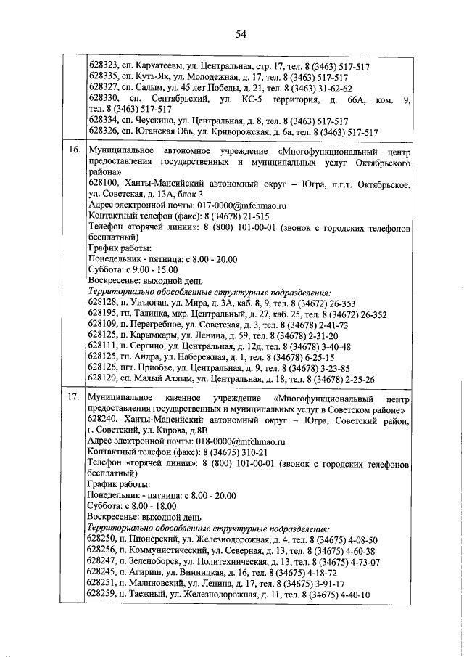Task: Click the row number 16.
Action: coord(73,150)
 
